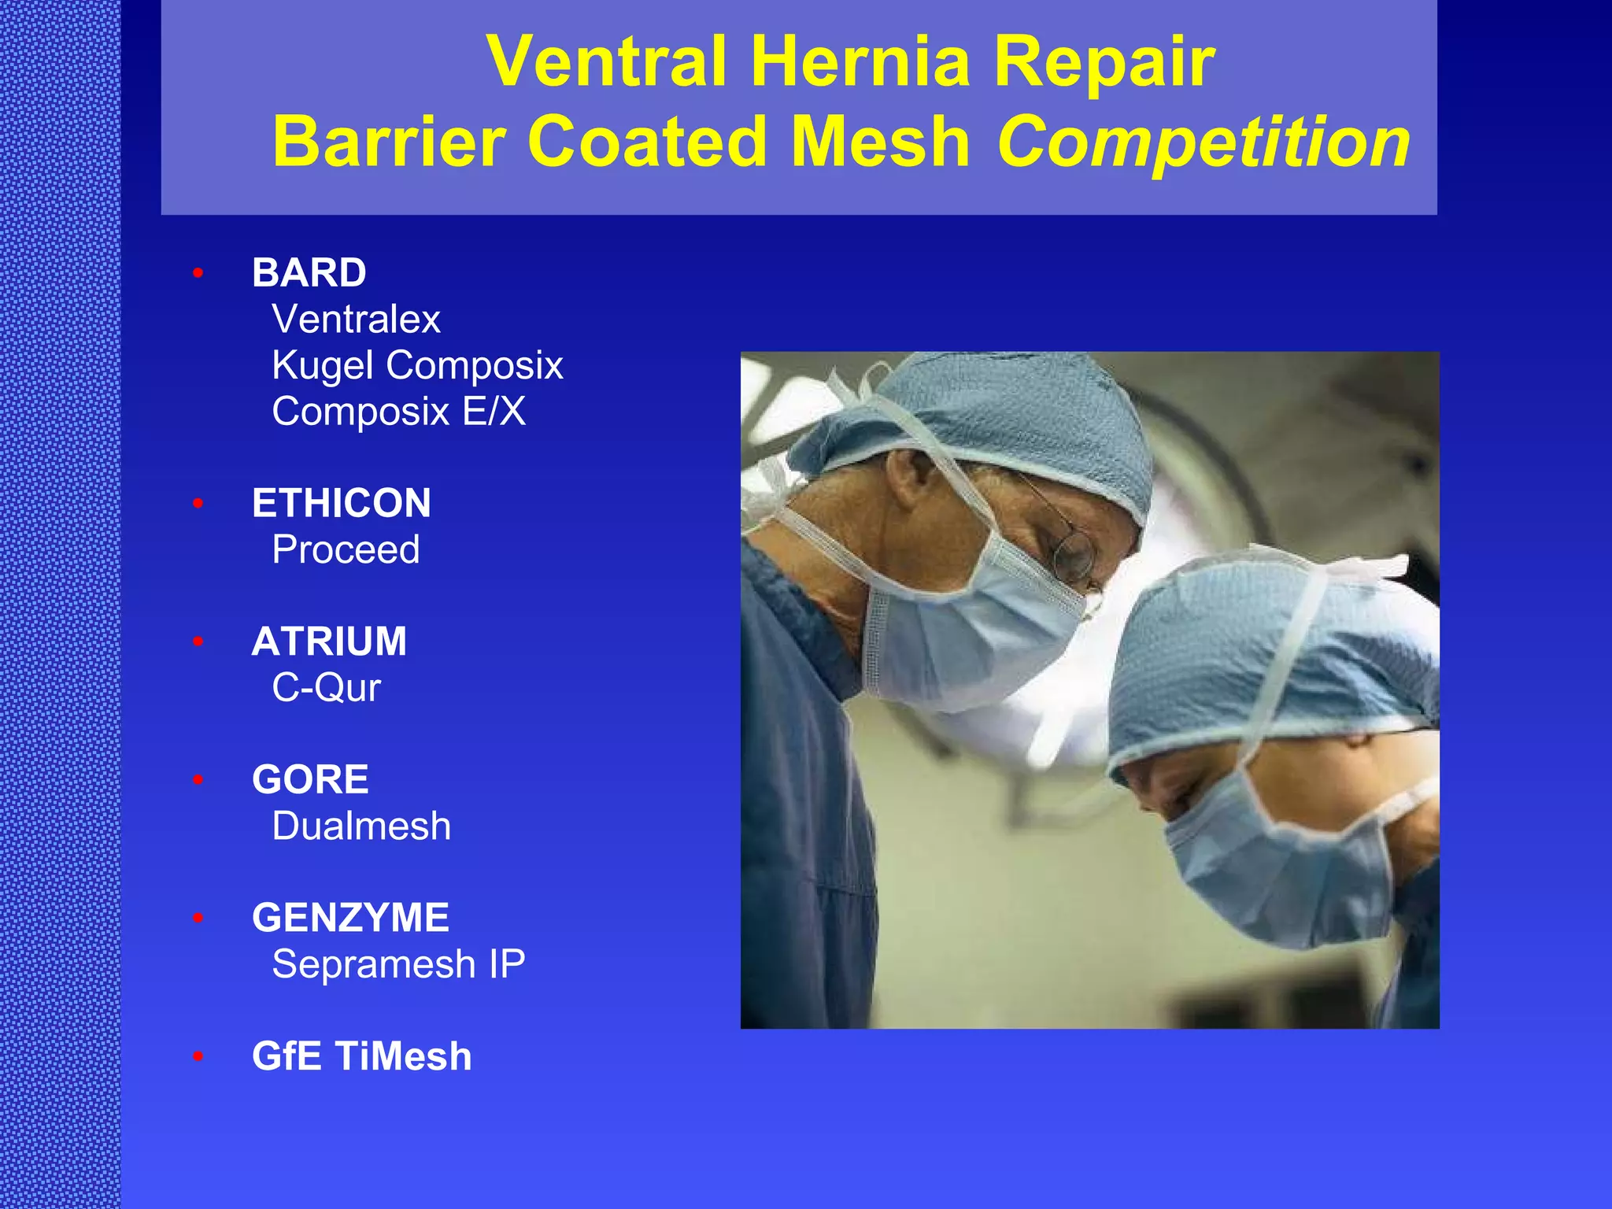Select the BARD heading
point(309,273)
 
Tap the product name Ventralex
point(356,320)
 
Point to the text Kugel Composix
point(417,365)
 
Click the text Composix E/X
point(398,412)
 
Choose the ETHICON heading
point(341,503)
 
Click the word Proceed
point(346,549)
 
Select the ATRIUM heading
point(329,641)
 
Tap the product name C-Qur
point(326,688)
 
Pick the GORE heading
point(310,780)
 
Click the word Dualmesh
point(361,826)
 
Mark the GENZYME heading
point(350,918)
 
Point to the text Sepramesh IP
point(398,964)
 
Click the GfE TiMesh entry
point(361,1056)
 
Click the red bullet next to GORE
point(198,780)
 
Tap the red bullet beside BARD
point(198,273)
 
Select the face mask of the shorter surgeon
point(1275,858)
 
